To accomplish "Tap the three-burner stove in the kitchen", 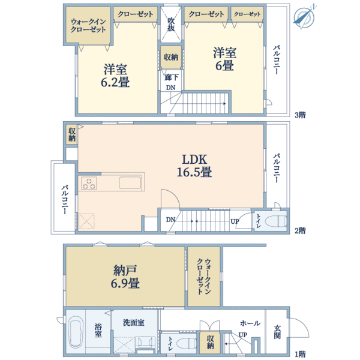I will pyautogui.click(x=89, y=184).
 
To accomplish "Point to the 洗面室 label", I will pyautogui.click(x=133, y=322).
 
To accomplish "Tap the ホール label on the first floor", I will pyautogui.click(x=250, y=323).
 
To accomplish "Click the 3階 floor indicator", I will pyautogui.click(x=300, y=115).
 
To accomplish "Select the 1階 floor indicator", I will pyautogui.click(x=300, y=353).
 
